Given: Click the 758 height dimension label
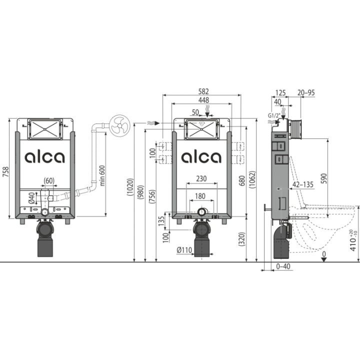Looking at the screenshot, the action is pos(5,171).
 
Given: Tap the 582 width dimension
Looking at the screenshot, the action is pos(203,91).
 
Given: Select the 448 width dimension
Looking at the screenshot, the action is pos(204,100).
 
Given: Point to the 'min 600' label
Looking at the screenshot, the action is pos(102,175).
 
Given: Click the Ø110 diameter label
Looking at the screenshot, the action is pos(184,250).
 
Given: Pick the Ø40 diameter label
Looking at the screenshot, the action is pos(31,198).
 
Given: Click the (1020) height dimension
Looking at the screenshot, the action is pos(130,187).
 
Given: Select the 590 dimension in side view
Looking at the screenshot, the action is pos(323,178).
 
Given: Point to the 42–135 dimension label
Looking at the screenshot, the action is pos(303,184).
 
